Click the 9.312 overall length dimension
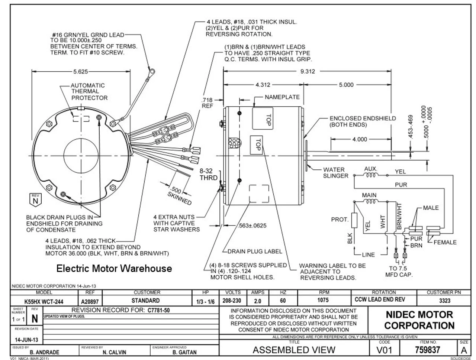point(308,72)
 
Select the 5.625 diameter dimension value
point(81,72)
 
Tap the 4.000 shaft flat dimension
point(359,139)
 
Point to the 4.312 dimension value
point(263,85)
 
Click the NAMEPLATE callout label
point(282,97)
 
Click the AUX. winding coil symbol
point(371,175)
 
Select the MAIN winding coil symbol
point(370,202)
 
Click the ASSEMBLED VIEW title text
point(294,350)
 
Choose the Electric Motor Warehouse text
point(114,268)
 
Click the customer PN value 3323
point(444,301)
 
